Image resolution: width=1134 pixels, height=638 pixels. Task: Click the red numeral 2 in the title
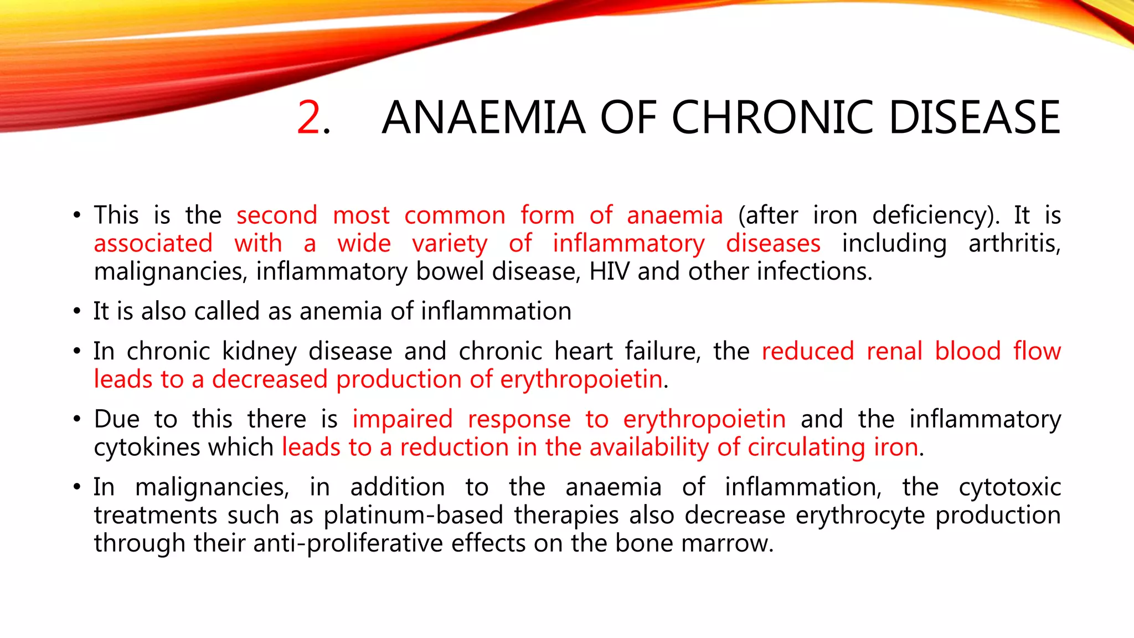click(308, 117)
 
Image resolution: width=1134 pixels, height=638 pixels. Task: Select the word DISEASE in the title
click(975, 117)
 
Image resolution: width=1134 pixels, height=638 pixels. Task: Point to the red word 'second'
click(277, 215)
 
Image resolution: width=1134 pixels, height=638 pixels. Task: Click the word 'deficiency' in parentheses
click(936, 216)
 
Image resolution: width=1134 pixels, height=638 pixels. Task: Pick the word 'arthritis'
click(1014, 244)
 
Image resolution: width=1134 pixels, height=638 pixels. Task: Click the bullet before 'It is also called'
click(77, 312)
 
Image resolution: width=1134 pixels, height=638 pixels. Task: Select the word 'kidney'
click(259, 352)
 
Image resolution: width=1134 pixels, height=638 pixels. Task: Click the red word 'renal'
click(894, 351)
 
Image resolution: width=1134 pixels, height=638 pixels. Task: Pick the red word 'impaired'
click(403, 419)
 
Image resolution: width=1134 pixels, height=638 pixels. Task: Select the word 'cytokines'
click(144, 447)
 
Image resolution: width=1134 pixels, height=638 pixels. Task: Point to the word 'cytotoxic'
click(1009, 487)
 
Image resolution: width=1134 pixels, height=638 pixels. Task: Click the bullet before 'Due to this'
click(77, 420)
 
